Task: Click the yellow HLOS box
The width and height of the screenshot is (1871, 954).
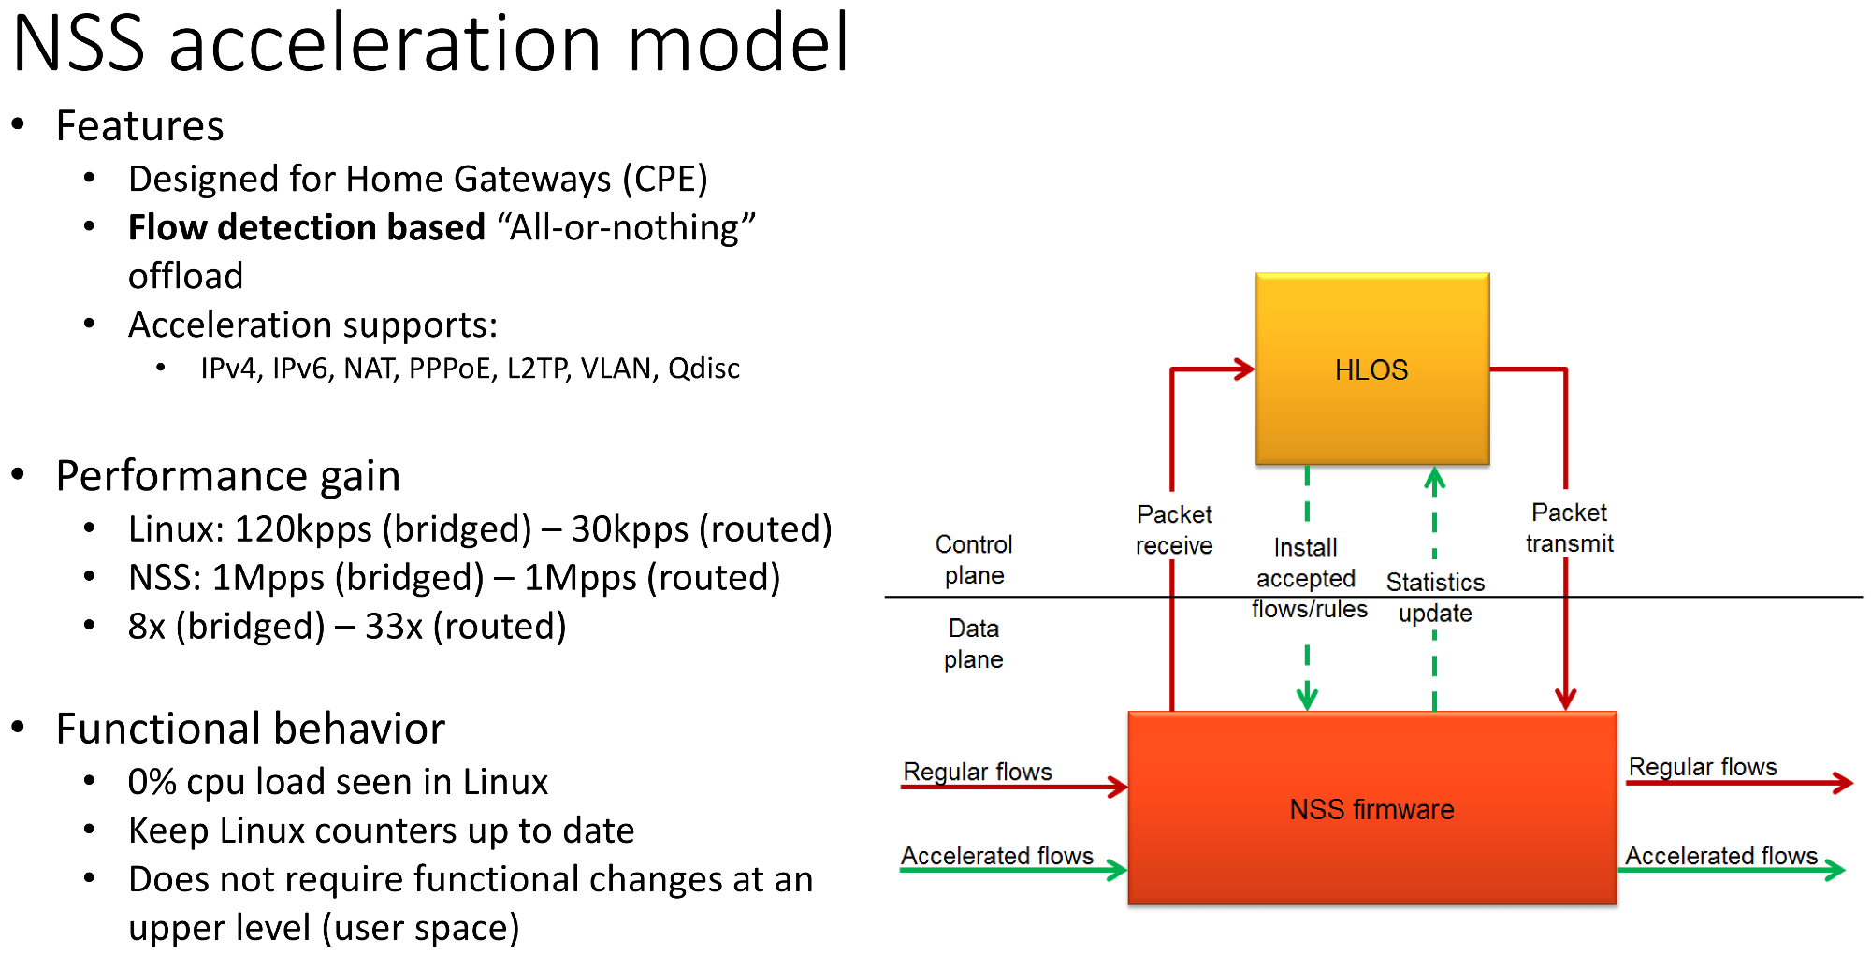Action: (1372, 369)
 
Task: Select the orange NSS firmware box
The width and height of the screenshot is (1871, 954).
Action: (1372, 808)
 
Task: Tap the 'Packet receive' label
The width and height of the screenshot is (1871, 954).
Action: (1174, 529)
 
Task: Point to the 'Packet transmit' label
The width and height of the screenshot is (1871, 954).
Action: (1570, 528)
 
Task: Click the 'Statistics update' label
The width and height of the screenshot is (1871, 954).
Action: (1435, 598)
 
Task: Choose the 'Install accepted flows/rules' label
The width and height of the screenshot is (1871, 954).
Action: (1309, 578)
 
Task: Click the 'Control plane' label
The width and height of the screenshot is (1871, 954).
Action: (974, 559)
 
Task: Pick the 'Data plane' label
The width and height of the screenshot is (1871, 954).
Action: (974, 643)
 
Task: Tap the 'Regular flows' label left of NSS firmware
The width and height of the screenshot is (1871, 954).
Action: (978, 772)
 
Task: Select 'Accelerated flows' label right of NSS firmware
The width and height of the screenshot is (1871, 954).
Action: (1721, 855)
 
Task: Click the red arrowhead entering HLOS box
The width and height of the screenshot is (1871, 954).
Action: (1244, 369)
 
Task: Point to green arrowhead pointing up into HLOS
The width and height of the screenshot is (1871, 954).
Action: (1435, 479)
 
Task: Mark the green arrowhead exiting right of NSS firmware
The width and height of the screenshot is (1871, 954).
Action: (1835, 870)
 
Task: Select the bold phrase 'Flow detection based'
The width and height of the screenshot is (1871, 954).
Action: (307, 227)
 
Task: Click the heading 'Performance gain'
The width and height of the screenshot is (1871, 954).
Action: (228, 476)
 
